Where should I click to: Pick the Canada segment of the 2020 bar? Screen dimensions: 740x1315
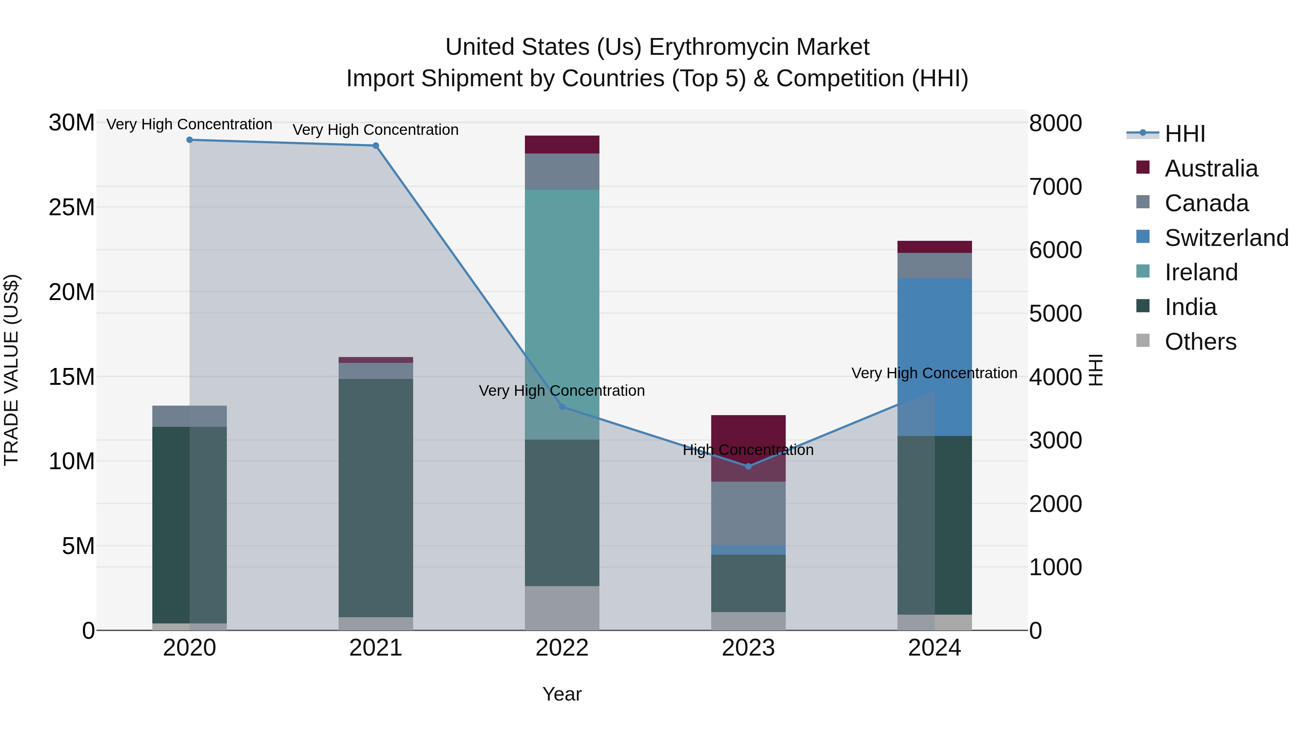[x=189, y=416]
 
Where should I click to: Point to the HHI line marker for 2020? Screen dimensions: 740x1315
[x=189, y=140]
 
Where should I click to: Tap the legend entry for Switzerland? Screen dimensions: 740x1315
[x=1226, y=238]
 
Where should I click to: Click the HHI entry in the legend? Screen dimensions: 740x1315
[x=1184, y=133]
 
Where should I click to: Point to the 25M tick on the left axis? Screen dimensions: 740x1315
[x=72, y=207]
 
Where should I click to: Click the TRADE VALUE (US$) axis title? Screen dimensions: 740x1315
[x=11, y=370]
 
